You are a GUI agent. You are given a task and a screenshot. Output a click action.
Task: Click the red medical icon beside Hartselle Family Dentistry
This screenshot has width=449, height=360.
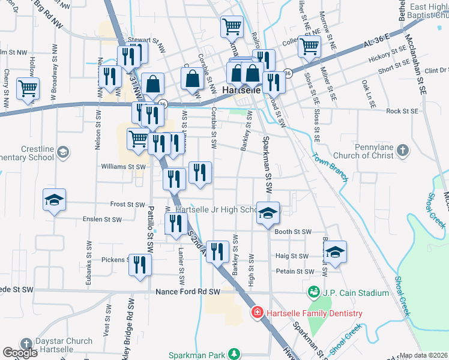coord(257,313)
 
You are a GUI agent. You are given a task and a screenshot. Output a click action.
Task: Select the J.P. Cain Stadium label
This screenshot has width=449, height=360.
coord(354,293)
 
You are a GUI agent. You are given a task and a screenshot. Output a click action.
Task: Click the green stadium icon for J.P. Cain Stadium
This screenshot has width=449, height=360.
coord(312,293)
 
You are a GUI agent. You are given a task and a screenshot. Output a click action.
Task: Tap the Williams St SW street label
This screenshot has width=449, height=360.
coord(124,167)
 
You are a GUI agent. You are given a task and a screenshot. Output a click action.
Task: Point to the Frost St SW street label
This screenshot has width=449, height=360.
coord(128,205)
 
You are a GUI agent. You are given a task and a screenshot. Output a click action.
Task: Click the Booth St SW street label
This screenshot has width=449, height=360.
coord(293,232)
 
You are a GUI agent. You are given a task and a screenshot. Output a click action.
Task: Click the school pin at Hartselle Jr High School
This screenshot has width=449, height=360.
coord(268,213)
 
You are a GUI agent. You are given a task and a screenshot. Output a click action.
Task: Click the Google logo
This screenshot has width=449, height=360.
coord(20,353)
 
